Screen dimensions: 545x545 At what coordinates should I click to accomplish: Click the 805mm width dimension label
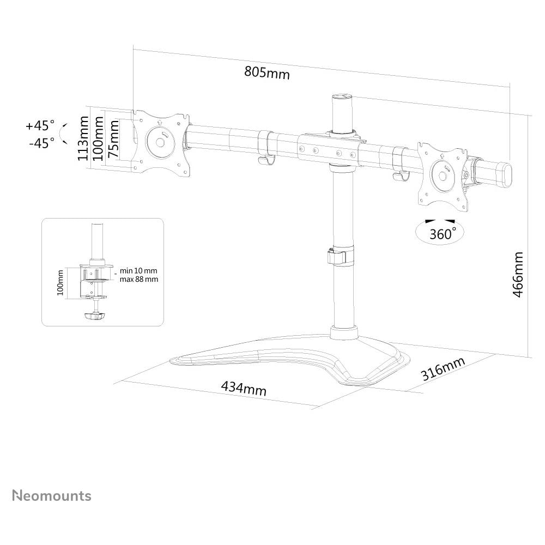(x=267, y=72)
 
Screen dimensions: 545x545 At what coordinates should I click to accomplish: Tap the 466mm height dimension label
(x=518, y=275)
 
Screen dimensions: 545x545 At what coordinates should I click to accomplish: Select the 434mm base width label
(x=244, y=388)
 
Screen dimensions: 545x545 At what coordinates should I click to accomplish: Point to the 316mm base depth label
(x=443, y=368)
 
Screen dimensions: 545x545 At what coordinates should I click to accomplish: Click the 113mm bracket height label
(x=83, y=138)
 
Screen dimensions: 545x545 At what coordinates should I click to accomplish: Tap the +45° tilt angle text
(x=40, y=125)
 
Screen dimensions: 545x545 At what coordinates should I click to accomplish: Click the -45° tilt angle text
(x=42, y=142)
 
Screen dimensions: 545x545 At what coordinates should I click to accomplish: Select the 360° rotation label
(x=443, y=234)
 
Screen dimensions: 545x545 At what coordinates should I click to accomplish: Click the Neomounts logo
(x=52, y=495)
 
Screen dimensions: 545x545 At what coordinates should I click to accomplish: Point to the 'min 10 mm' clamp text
(x=138, y=270)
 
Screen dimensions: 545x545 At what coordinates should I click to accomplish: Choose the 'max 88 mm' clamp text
(x=138, y=279)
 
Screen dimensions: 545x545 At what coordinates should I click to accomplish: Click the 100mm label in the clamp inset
(x=60, y=282)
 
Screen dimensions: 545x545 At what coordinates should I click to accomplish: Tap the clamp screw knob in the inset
(x=94, y=316)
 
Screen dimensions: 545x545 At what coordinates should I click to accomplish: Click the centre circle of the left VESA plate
(x=160, y=142)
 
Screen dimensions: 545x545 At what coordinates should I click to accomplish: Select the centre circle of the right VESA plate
(x=443, y=175)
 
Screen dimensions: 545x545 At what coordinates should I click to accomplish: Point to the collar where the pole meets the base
(x=344, y=332)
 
